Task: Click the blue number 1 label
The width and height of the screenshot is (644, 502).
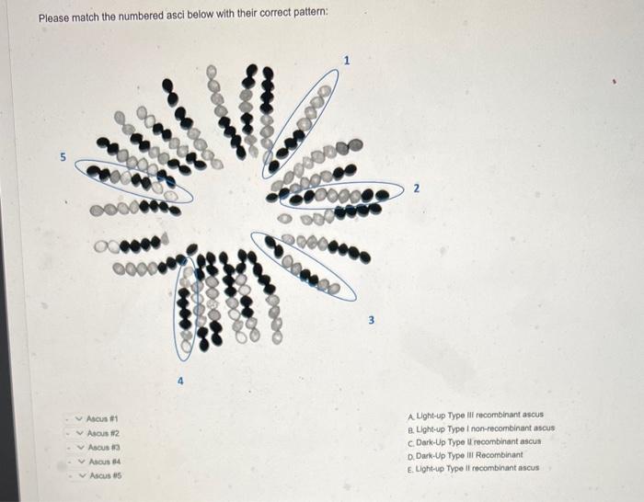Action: (347, 61)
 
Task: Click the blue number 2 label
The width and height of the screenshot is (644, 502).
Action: (417, 188)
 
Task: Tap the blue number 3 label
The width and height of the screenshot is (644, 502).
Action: (372, 320)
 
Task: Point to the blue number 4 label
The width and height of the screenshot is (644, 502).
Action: (180, 381)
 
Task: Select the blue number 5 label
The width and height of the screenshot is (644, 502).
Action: (63, 157)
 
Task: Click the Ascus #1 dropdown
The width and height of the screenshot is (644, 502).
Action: (98, 418)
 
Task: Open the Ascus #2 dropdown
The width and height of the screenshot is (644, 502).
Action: (98, 433)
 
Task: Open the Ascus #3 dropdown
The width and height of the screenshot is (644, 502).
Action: (99, 447)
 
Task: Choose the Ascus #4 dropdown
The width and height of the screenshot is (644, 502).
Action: (99, 462)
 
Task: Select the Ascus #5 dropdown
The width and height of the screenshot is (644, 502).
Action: (100, 475)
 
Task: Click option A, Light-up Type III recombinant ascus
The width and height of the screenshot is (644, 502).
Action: (476, 415)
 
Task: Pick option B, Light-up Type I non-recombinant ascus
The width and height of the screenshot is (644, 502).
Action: (481, 428)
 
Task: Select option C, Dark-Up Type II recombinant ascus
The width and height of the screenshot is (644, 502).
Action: (475, 442)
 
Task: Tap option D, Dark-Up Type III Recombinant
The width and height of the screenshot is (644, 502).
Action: (466, 455)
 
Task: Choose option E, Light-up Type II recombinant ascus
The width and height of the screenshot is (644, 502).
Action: (473, 468)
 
